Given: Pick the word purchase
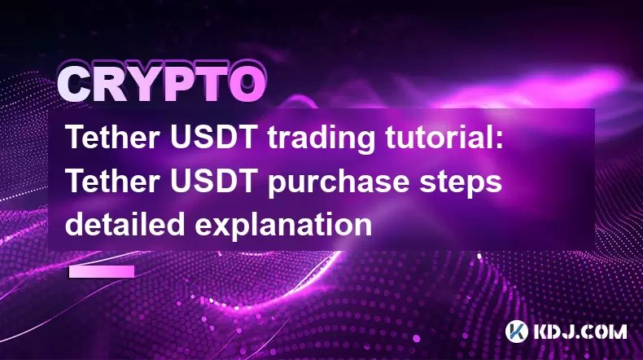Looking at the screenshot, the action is [x=339, y=182].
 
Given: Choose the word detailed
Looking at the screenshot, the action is [x=125, y=224].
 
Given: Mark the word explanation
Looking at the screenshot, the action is [x=283, y=225].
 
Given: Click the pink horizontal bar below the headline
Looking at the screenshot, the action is [x=102, y=272].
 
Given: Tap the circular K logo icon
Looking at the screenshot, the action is [x=517, y=331].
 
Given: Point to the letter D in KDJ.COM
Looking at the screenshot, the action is [x=551, y=331].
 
